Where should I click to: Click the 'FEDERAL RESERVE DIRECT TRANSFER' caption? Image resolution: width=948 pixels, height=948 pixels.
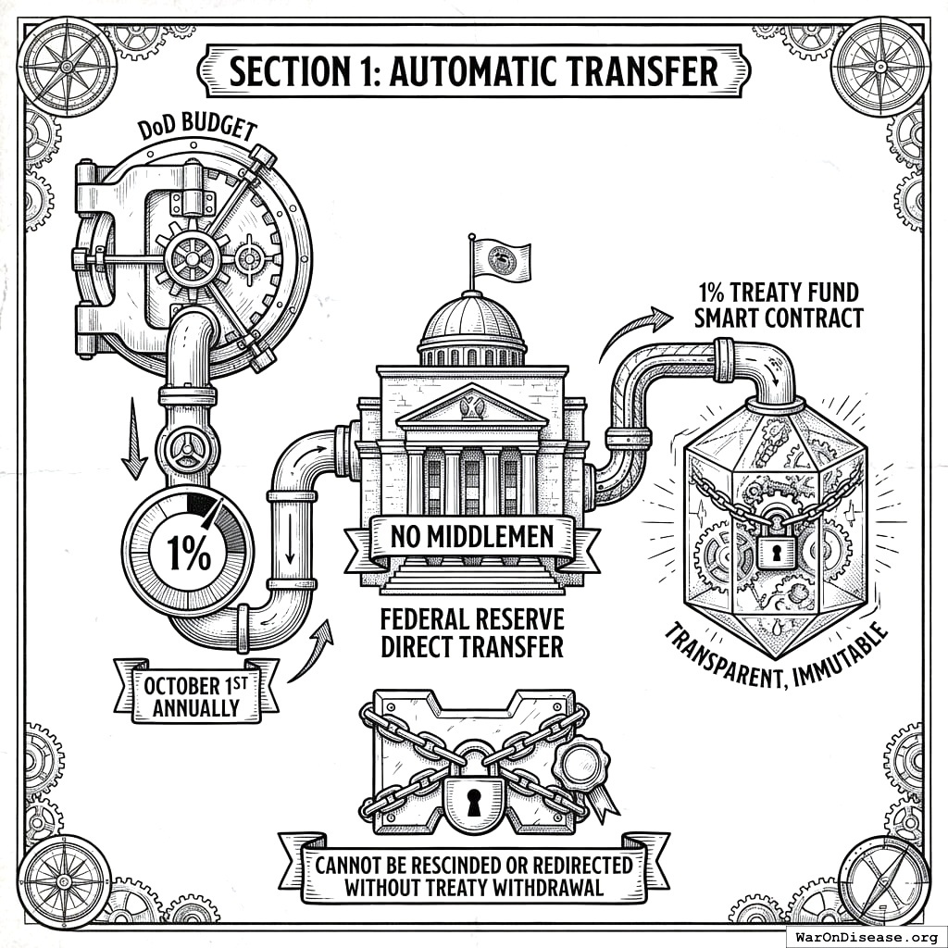coord(472,632)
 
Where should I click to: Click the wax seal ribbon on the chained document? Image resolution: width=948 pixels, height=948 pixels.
coord(580,764)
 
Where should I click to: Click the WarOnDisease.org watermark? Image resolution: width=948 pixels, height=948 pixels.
coord(865,935)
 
